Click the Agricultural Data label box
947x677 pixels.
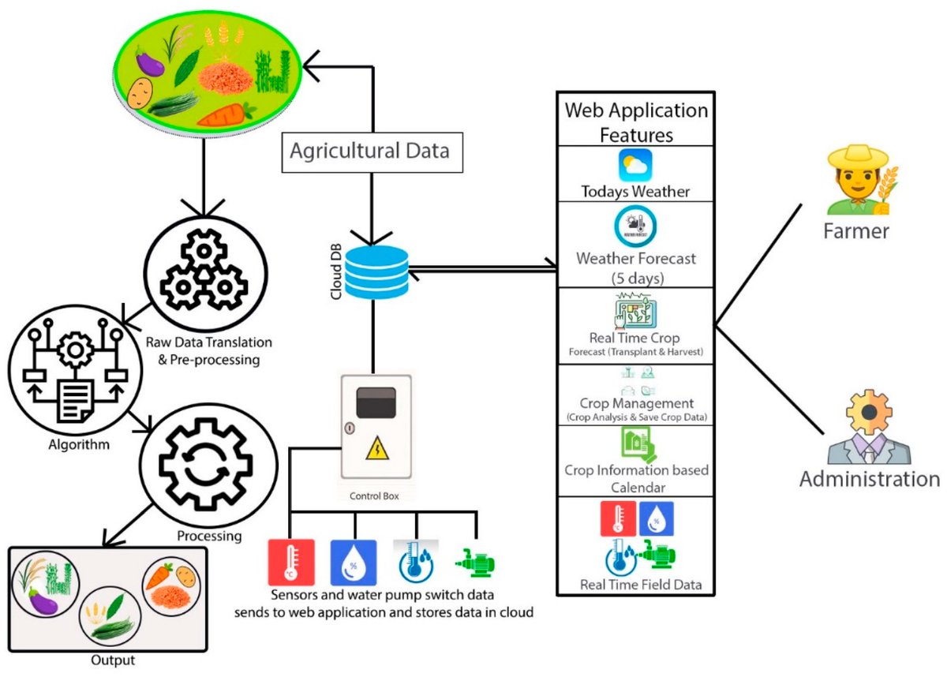(372, 152)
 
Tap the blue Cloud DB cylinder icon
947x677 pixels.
(376, 272)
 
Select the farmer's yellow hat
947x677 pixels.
(859, 156)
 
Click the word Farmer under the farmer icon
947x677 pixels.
(856, 231)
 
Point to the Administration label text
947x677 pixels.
(870, 479)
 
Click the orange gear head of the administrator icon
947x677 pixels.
(869, 413)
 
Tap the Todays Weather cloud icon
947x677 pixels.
(635, 165)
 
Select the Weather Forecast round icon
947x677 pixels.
(635, 226)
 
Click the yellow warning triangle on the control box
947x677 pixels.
(377, 448)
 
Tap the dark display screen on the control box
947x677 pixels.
(376, 402)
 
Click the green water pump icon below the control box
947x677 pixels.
(475, 563)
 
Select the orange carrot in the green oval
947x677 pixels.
(227, 114)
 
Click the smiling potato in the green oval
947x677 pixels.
(140, 93)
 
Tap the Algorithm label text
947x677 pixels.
(79, 444)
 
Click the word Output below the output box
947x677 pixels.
(113, 660)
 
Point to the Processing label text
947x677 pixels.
(209, 537)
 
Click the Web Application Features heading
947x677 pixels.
(636, 122)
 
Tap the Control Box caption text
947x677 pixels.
(374, 496)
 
